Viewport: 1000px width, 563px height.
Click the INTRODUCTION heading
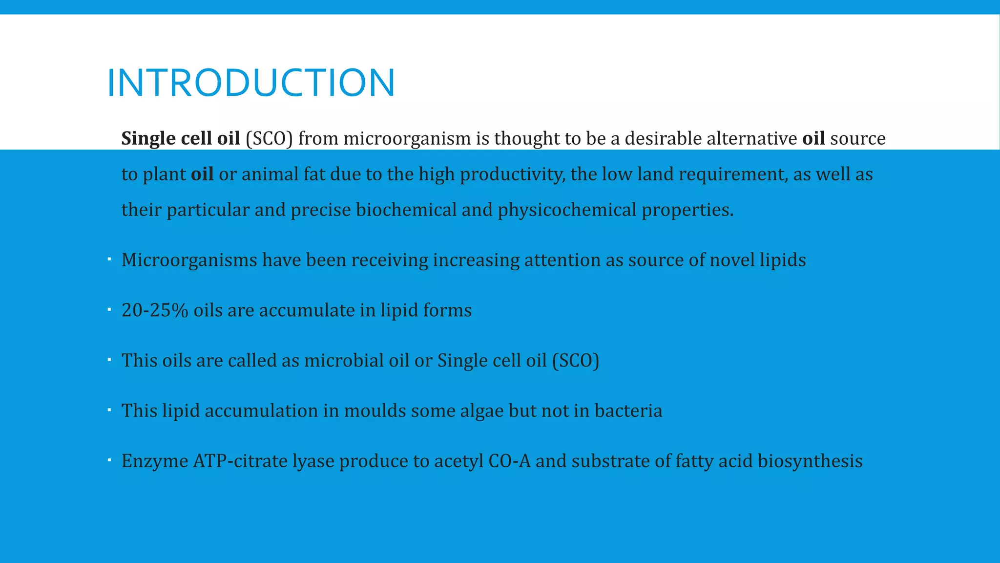[250, 83]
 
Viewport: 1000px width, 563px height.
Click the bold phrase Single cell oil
[180, 139]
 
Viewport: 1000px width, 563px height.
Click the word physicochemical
[566, 210]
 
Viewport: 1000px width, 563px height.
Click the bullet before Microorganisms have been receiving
[109, 259]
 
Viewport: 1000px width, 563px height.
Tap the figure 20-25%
[154, 310]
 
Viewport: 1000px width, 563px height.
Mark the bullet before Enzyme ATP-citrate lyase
[109, 460]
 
